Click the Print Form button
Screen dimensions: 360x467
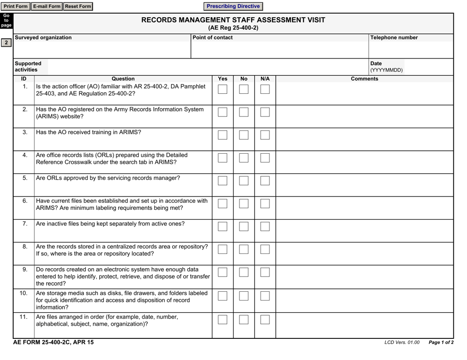coord(16,6)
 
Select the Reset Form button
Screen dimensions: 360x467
coord(78,6)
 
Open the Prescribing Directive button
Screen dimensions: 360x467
coord(233,6)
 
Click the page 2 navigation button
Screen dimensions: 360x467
coord(6,43)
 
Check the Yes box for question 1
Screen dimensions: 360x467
coord(222,89)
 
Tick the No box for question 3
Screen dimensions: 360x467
coord(244,135)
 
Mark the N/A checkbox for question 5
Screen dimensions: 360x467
coord(265,181)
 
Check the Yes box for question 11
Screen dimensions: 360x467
coord(222,320)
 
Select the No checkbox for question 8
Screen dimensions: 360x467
coord(244,249)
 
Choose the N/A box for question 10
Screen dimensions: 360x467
coord(265,295)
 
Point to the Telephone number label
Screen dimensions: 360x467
coord(394,37)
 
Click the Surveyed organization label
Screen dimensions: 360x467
coord(43,37)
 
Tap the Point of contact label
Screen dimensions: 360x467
coord(212,37)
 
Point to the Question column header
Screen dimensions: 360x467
coord(123,79)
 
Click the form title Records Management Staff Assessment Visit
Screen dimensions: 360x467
coord(233,20)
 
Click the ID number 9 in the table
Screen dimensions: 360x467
coord(25,270)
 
